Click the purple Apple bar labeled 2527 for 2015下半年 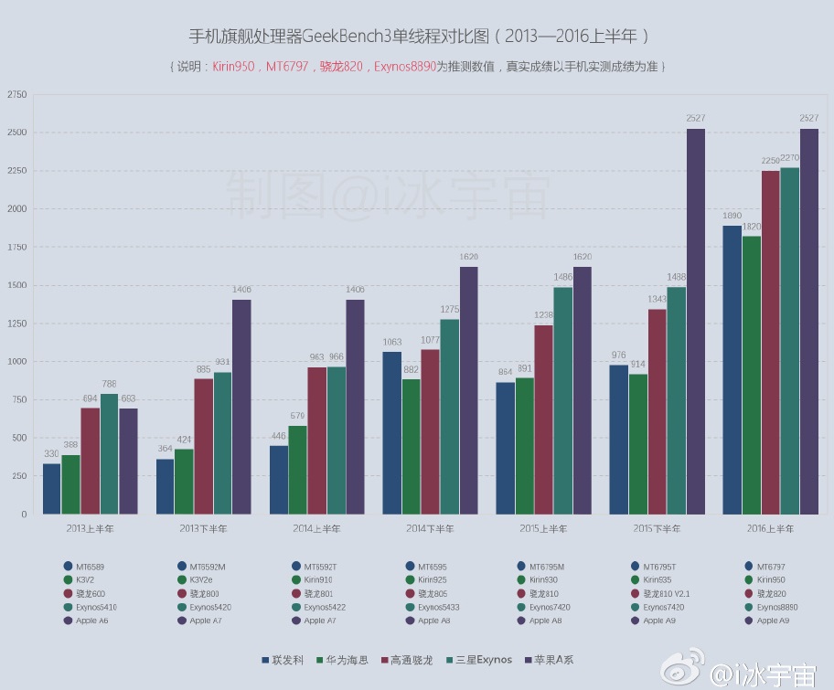click(x=696, y=320)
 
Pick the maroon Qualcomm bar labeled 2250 click(x=770, y=342)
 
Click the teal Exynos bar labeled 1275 click(x=450, y=416)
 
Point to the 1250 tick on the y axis click(x=16, y=324)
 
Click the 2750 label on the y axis click(x=16, y=95)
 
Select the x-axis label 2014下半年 click(x=429, y=529)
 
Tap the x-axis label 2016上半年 click(x=770, y=529)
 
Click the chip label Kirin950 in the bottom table click(x=771, y=580)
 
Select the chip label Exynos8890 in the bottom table click(x=776, y=607)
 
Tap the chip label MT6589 click(x=91, y=567)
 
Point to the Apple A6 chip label click(x=91, y=621)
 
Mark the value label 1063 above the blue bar click(x=391, y=343)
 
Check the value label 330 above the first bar click(x=51, y=454)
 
